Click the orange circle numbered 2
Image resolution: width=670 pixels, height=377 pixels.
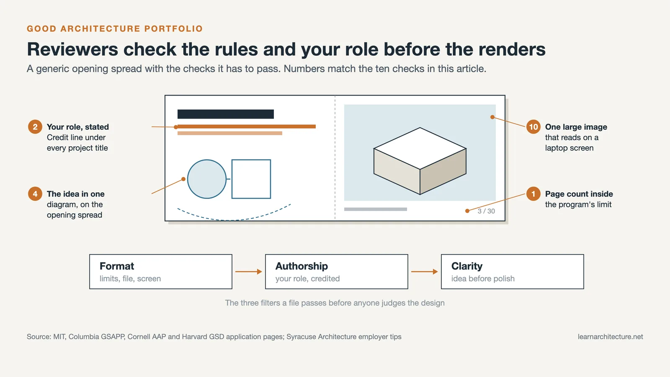35,127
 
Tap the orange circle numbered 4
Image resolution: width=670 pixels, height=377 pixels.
35,194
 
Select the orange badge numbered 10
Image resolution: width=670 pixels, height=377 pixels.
533,127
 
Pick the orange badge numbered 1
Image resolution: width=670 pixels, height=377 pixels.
533,194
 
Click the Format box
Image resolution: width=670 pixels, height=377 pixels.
161,271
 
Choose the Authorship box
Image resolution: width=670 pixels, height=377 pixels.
337,271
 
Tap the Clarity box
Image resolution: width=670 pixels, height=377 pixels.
513,271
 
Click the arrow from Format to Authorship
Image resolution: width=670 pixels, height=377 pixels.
249,271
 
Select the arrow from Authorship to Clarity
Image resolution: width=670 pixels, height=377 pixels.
425,271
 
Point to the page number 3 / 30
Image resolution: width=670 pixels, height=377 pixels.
486,211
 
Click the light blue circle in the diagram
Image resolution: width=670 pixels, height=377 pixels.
207,179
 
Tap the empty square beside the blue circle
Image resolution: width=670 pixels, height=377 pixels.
251,179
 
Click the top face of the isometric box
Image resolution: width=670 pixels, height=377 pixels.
420,148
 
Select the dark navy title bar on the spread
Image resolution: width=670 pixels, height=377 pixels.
226,114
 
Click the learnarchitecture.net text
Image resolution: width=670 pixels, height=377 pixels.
610,337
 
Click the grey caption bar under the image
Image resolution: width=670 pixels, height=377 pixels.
375,209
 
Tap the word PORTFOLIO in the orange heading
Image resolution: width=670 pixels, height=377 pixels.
173,29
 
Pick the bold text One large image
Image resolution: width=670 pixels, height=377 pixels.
576,127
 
